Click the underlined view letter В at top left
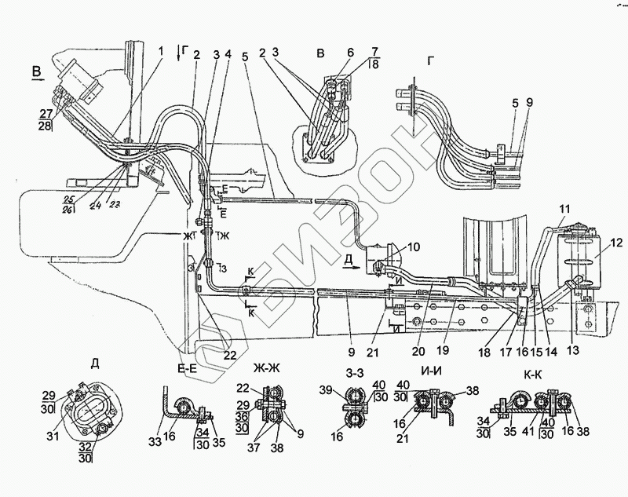click(36, 72)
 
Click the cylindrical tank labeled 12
click(579, 259)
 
